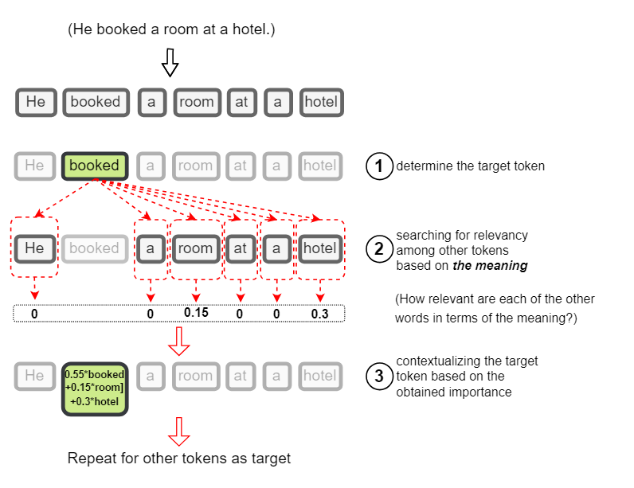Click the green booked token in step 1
click(95, 166)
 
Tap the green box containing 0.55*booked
click(95, 389)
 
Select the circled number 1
click(379, 166)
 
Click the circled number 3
click(379, 376)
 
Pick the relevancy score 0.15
click(195, 312)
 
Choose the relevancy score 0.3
click(319, 314)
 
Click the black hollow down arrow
click(170, 62)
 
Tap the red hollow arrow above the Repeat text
click(179, 431)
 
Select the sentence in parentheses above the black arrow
click(171, 29)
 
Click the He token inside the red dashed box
click(35, 248)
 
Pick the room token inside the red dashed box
click(195, 248)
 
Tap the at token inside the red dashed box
click(241, 248)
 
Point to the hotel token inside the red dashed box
click(319, 248)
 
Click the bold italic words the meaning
click(490, 266)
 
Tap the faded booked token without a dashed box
click(94, 248)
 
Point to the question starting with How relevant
click(495, 308)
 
